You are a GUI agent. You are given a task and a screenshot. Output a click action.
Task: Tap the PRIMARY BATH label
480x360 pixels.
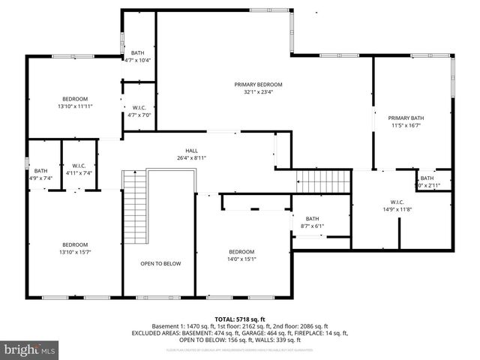pos(406,118)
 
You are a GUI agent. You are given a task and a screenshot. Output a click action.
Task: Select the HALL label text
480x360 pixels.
pos(191,150)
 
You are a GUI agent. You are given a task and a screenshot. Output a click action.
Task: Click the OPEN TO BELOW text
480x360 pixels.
pos(160,264)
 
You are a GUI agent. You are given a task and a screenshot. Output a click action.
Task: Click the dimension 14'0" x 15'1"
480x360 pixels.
pos(241,259)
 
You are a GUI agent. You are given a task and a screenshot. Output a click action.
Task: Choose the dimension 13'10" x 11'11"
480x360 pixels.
pos(75,106)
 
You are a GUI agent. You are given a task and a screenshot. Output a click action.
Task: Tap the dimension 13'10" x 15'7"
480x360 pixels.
pos(75,252)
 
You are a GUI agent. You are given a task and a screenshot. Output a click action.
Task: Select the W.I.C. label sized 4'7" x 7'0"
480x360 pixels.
pos(139,107)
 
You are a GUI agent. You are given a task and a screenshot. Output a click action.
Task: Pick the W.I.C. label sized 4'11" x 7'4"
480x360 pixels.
pos(79,165)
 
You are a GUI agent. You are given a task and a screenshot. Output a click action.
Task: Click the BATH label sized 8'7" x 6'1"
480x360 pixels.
pos(312,218)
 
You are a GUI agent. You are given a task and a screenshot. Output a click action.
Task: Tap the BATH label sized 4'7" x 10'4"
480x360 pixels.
pos(138,52)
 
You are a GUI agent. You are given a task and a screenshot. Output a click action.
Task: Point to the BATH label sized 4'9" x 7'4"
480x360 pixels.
pos(40,170)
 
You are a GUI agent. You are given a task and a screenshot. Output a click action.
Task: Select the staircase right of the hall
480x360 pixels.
pos(323,181)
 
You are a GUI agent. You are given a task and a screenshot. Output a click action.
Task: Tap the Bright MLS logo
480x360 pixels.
pos(30,349)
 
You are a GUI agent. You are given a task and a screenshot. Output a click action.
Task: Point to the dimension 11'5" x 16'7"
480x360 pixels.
pos(406,126)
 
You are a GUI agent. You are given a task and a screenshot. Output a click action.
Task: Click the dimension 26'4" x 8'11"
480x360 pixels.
pos(191,157)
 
